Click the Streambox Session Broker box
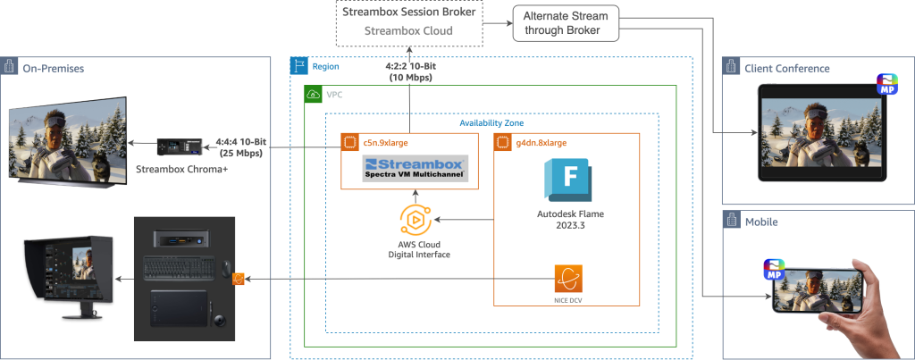409,21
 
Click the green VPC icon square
311,94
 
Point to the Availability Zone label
491,122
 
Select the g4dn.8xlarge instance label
541,141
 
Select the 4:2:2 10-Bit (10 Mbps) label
409,72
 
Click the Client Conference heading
787,68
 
